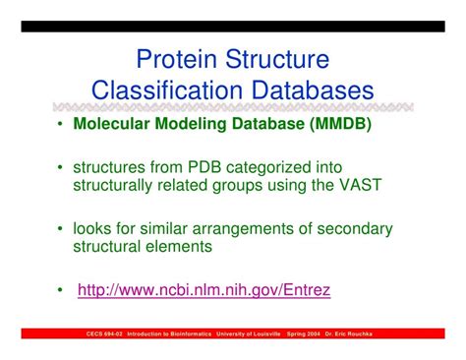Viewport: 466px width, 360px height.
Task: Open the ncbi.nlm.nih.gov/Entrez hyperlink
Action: click(x=204, y=290)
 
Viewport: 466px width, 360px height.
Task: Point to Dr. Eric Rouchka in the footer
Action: click(x=366, y=335)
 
